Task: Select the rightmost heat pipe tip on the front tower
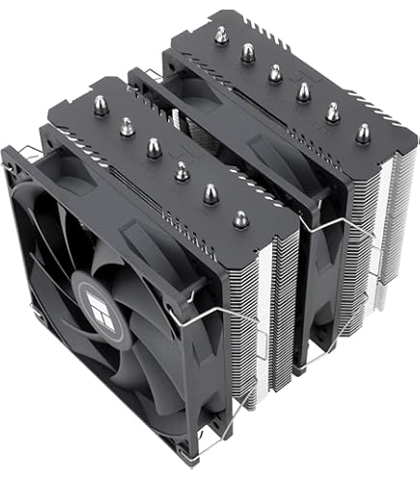pyautogui.click(x=210, y=192)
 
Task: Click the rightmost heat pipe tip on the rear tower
pyautogui.click(x=362, y=133)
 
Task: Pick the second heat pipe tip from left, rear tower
pyautogui.click(x=248, y=49)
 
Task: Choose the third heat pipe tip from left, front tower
pyautogui.click(x=154, y=147)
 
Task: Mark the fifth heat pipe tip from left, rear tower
pyautogui.click(x=334, y=112)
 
